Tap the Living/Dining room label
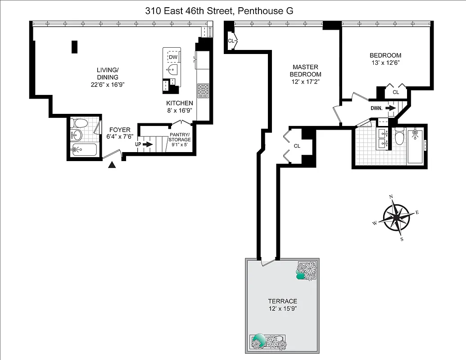coord(108,73)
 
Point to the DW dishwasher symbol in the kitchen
coord(173,57)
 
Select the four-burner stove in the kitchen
coord(203,90)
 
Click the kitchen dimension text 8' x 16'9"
coord(180,110)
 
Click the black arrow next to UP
coord(149,144)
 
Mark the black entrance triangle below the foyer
coord(113,165)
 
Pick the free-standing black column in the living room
coord(74,47)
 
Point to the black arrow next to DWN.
coord(390,108)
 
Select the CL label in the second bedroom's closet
coord(396,92)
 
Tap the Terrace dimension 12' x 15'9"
coord(282,309)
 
